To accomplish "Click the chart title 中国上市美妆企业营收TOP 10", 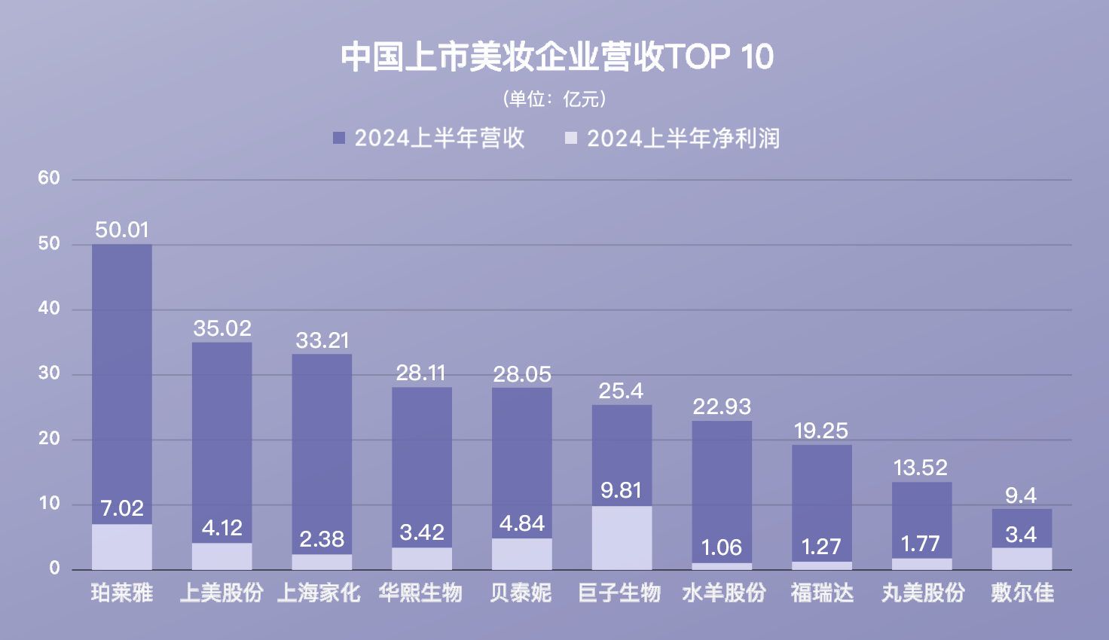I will pos(557,57).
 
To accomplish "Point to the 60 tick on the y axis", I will pos(49,178).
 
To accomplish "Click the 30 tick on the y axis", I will pos(49,373).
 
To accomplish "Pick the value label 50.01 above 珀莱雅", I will pos(122,230).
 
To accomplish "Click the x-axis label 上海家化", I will pos(319,593).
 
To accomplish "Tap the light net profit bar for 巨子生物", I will pos(622,538).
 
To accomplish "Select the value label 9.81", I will pos(621,490).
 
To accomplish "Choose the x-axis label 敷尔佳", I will pos(1022,593).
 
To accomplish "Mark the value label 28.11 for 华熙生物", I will pos(421,373).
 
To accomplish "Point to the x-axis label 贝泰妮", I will pos(521,593).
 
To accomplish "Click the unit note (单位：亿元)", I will pos(554,99).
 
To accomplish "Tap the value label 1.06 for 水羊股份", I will pos(721,547).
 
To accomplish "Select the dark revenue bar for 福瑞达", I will pos(821,497).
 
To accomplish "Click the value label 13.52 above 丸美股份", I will pos(921,468).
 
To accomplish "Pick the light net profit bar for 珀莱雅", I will pos(122,547).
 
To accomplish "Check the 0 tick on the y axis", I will pos(54,568).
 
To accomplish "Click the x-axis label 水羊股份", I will pos(723,593).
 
